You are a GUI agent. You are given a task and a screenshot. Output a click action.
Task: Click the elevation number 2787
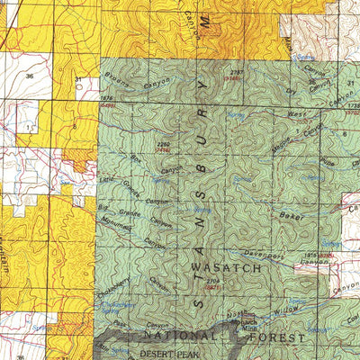237,71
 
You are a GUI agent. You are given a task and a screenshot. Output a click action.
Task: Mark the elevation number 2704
211,281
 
